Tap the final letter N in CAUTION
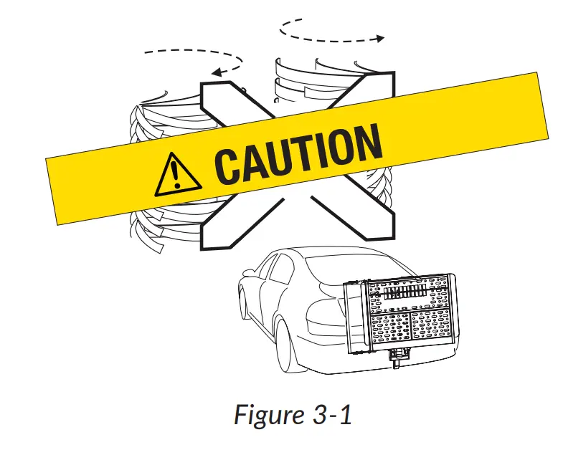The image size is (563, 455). pyautogui.click(x=366, y=142)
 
